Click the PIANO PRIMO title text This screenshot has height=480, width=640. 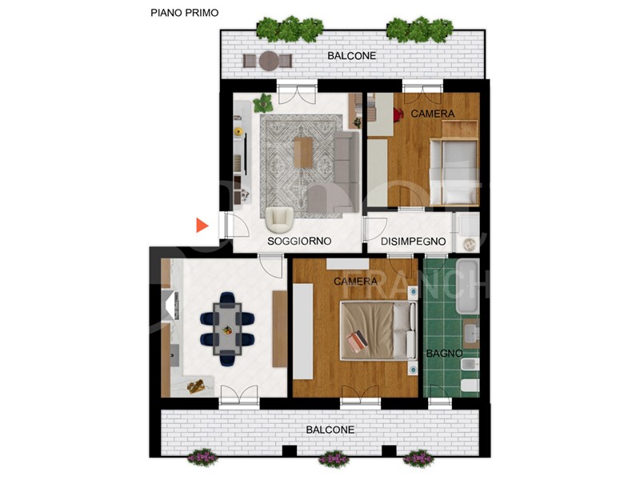(x=185, y=13)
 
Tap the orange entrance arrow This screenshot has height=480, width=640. (x=202, y=226)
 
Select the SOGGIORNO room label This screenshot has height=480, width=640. (x=299, y=242)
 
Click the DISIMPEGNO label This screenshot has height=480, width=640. (x=413, y=242)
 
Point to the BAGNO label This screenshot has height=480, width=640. (x=444, y=353)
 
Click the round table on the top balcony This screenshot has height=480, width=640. (x=269, y=61)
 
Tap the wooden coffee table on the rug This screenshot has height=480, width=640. (x=303, y=152)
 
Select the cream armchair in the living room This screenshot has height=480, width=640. (x=279, y=220)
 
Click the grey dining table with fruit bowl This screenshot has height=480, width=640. (x=227, y=329)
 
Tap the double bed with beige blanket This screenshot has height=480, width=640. (x=378, y=331)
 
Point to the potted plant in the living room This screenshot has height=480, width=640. (x=263, y=103)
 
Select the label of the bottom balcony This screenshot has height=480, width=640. (x=330, y=430)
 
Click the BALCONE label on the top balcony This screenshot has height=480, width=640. (x=351, y=55)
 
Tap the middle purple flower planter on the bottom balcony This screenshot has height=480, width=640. (x=334, y=458)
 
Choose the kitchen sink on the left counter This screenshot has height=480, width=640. (x=174, y=355)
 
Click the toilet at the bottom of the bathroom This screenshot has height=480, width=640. (x=470, y=385)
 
